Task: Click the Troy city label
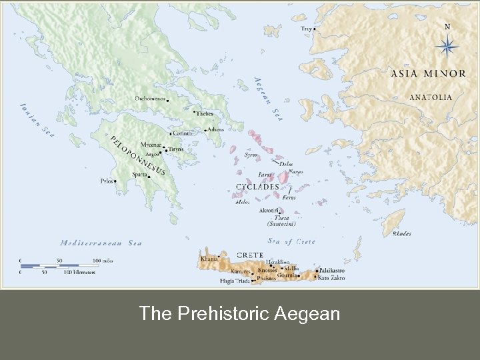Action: [306, 29]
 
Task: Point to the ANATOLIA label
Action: [430, 97]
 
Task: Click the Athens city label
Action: [215, 129]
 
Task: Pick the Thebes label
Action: [205, 114]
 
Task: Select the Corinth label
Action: [182, 133]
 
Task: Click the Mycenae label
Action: [150, 145]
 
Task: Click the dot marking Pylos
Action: [116, 181]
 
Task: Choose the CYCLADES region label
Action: [257, 187]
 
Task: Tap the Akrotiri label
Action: [269, 210]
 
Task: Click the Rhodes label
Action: [401, 234]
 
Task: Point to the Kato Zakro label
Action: [331, 277]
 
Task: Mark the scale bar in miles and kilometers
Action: [60, 266]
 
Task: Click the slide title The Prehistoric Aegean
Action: [239, 313]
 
